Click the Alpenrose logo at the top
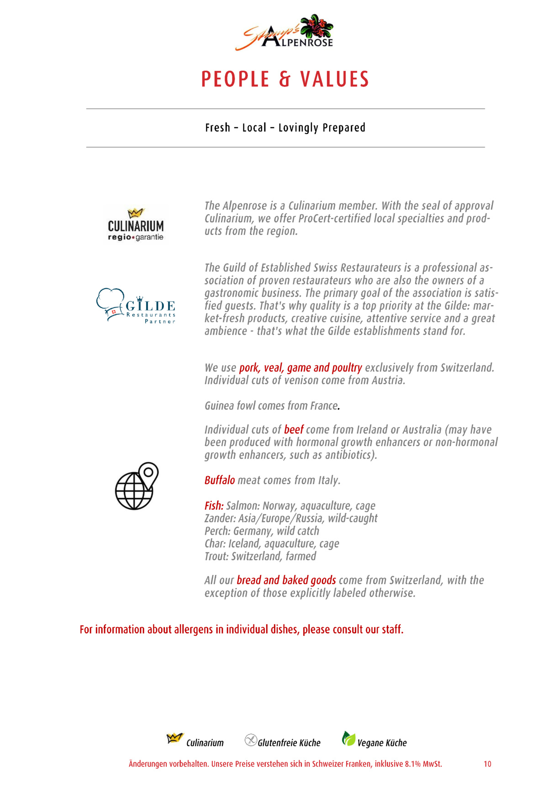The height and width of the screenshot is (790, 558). click(284, 32)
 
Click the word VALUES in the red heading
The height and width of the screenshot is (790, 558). click(334, 79)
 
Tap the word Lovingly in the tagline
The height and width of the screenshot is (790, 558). click(299, 128)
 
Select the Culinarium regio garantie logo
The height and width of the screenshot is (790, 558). click(136, 225)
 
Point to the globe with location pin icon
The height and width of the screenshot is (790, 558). click(137, 486)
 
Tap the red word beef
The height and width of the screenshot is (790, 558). click(294, 430)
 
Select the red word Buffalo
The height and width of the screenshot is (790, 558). click(220, 480)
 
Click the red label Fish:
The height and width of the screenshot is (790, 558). click(214, 506)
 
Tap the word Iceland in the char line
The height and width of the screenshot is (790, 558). click(244, 544)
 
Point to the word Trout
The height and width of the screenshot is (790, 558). click(216, 556)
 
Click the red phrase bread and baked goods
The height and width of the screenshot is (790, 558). click(286, 580)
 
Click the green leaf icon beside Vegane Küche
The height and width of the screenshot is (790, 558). click(348, 738)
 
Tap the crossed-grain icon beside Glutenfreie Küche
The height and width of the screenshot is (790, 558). click(251, 740)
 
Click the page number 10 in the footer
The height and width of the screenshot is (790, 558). click(487, 764)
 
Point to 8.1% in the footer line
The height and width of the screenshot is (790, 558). click(412, 764)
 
